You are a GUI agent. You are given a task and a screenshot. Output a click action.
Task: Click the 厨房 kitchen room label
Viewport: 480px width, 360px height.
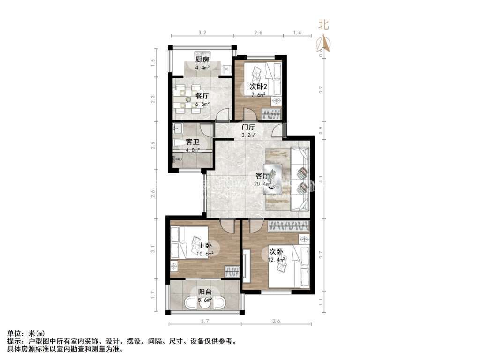tap(202, 60)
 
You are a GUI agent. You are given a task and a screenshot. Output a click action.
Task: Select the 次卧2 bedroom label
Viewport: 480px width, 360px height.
tap(258, 87)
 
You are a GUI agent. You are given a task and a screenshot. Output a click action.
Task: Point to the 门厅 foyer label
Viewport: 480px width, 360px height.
tap(248, 127)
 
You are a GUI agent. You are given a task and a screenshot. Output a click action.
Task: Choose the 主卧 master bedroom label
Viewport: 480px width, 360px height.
tap(205, 246)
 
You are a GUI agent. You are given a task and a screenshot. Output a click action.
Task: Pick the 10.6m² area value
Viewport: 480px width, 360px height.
tap(205, 254)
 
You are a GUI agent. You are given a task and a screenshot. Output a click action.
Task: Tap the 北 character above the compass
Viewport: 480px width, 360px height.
tap(324, 25)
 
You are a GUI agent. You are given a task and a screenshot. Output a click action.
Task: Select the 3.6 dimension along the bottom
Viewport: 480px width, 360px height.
tap(276, 321)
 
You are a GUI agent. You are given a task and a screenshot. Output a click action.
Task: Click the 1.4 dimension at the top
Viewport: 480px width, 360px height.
tap(297, 33)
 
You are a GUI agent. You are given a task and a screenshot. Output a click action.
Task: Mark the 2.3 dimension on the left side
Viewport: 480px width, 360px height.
tap(153, 99)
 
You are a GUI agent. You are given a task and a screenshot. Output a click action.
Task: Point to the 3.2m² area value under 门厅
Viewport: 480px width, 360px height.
tap(248, 135)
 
